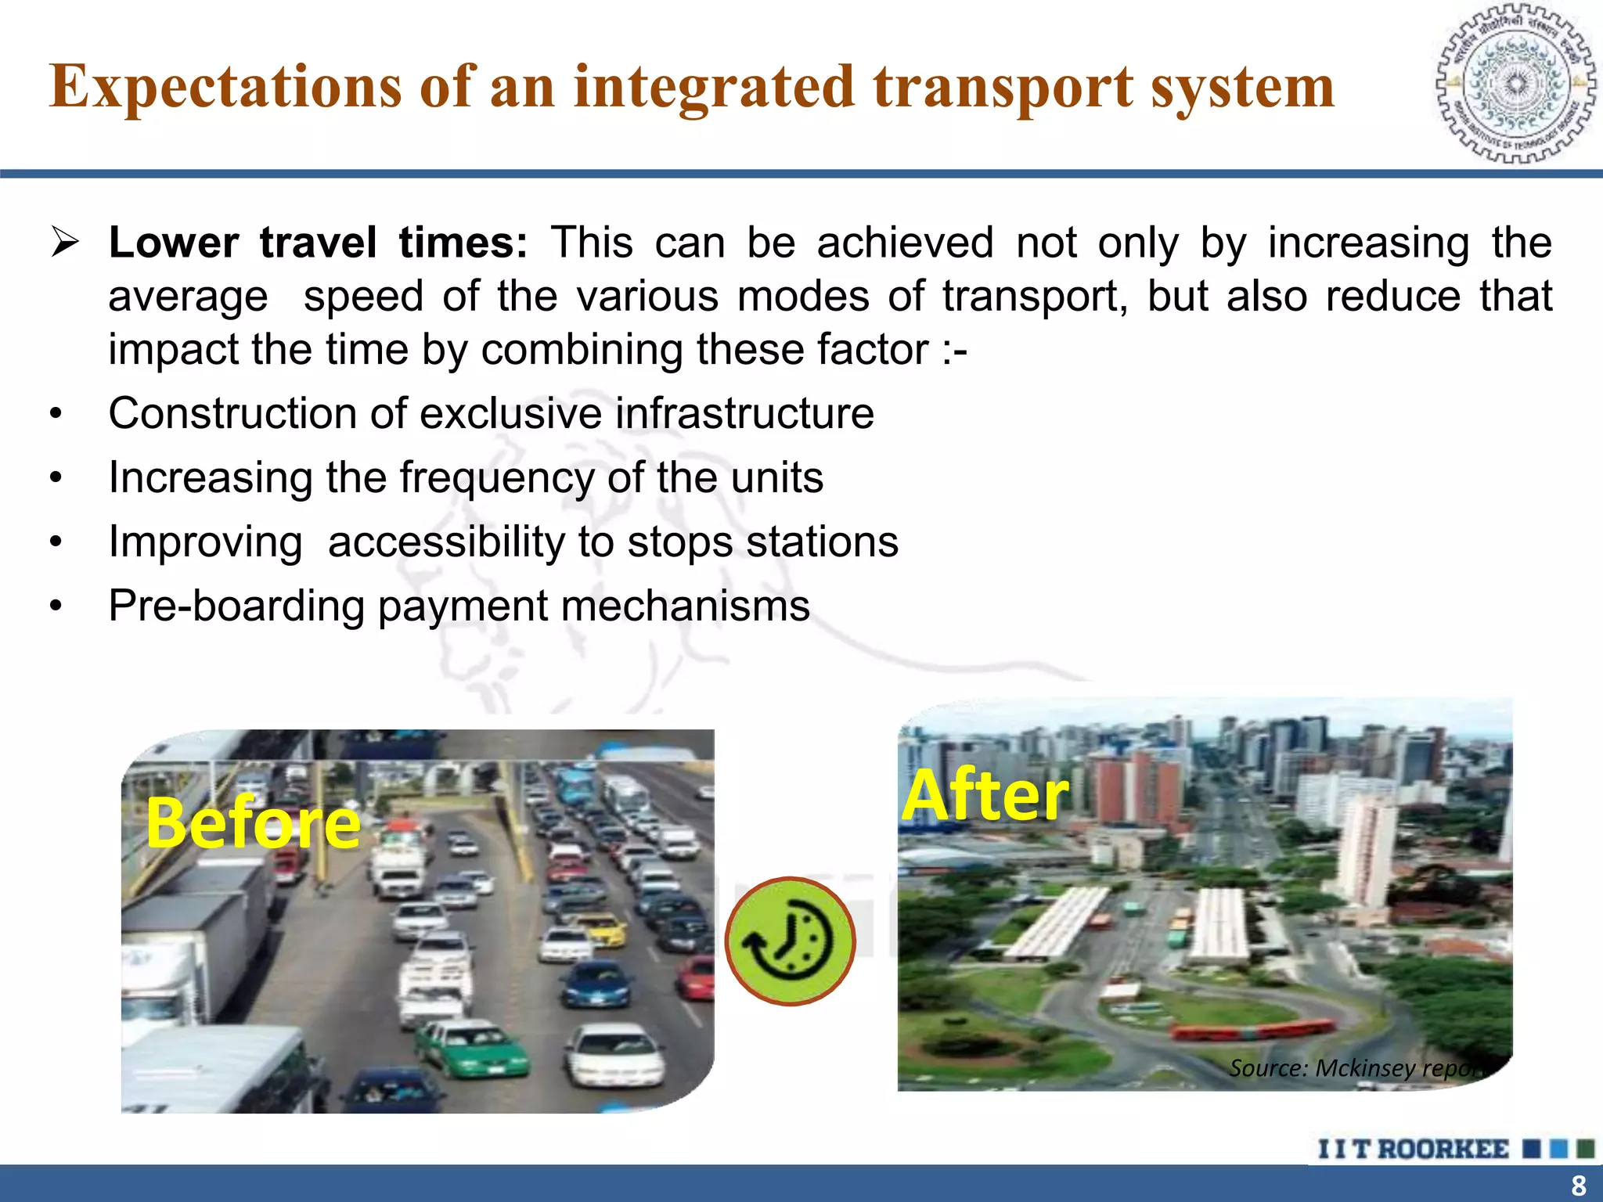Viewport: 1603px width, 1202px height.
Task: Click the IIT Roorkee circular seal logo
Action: (1515, 84)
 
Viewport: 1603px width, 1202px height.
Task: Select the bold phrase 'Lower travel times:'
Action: (318, 243)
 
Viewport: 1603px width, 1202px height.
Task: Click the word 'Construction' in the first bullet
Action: (232, 413)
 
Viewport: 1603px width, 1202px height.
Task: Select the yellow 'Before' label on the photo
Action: (252, 822)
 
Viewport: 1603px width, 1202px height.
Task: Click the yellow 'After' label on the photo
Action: (985, 795)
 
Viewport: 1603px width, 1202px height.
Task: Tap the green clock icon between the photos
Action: (790, 941)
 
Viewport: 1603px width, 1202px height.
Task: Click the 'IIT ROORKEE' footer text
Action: (1413, 1149)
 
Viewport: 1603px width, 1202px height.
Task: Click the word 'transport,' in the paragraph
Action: (1035, 297)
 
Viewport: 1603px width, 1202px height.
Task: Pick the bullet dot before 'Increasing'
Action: (55, 478)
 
